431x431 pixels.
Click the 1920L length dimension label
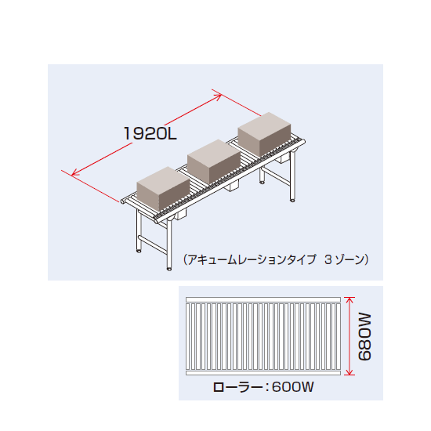[x=150, y=133]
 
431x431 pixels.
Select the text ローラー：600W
[x=263, y=387]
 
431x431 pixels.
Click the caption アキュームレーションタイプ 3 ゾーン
[x=276, y=259]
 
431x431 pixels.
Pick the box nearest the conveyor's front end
[x=163, y=189]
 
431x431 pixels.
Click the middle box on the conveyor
[x=214, y=161]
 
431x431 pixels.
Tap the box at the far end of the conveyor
[x=264, y=134]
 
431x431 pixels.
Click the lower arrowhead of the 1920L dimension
[x=73, y=174]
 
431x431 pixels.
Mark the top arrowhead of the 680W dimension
[x=349, y=299]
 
